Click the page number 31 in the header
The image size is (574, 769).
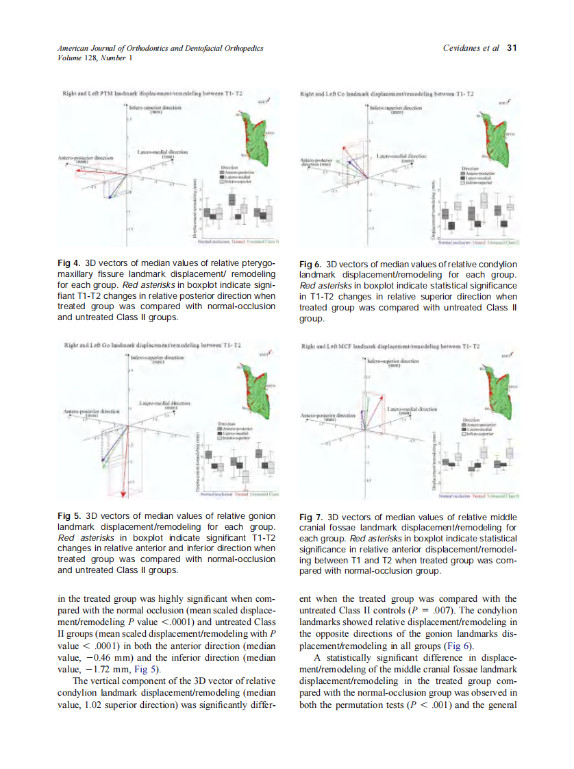[510, 48]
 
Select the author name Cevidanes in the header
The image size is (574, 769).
[463, 48]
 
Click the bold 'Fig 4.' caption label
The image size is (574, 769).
[68, 263]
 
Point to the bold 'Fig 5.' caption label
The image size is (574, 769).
[68, 515]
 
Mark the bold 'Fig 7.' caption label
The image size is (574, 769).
[312, 516]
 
